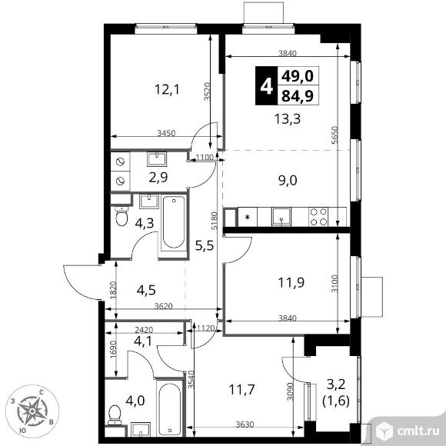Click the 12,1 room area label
167,90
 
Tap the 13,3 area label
288,118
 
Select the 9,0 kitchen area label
288,181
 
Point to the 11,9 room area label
291,282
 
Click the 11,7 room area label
241,389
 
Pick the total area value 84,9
298,95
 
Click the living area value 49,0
298,76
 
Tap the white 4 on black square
266,86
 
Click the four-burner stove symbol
318,217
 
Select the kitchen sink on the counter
281,217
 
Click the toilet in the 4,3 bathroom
121,216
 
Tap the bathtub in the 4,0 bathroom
169,408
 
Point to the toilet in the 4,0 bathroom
115,415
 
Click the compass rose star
32,411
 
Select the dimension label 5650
335,135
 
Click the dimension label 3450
166,133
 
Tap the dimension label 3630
245,424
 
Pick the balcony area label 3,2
336,384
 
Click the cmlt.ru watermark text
418,431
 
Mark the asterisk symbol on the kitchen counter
248,218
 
